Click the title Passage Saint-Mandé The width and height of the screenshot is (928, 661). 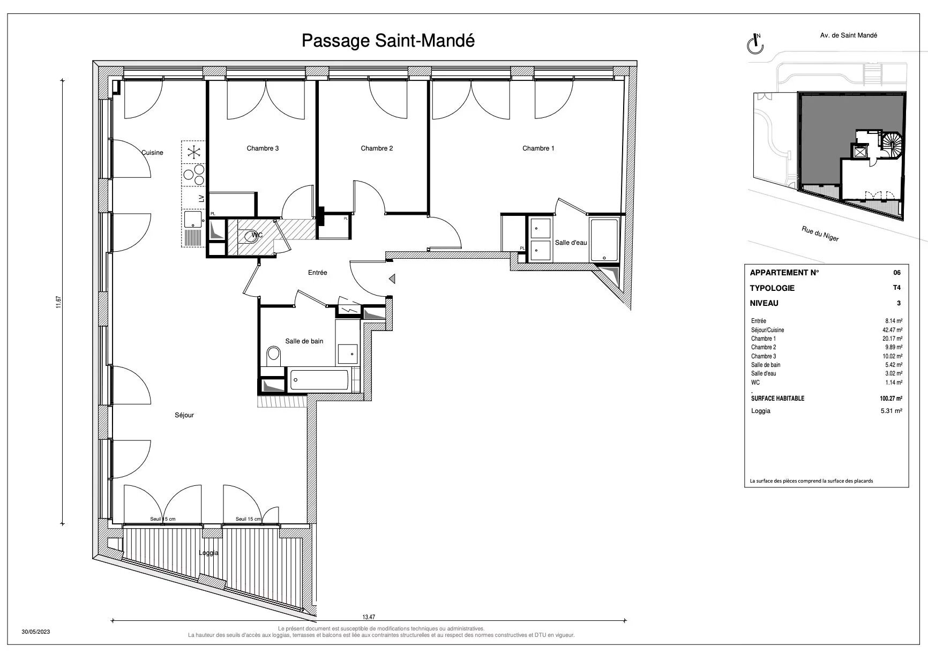388,40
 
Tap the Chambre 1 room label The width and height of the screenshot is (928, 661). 538,148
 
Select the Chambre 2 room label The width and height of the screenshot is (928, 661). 377,148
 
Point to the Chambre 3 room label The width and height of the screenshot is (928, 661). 263,148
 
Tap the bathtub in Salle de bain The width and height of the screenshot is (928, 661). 320,381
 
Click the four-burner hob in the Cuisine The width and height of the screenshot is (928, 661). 194,174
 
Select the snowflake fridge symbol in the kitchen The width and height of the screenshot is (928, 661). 193,152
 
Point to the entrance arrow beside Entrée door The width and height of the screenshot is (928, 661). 392,279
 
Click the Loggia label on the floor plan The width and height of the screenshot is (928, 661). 208,553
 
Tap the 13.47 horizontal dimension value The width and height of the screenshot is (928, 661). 369,617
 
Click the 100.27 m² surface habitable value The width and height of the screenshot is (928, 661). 890,399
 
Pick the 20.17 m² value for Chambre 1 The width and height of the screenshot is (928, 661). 892,339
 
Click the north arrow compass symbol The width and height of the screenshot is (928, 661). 755,44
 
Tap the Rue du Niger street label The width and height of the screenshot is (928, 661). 820,234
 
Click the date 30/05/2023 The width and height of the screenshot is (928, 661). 36,632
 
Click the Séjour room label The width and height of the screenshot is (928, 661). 184,415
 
